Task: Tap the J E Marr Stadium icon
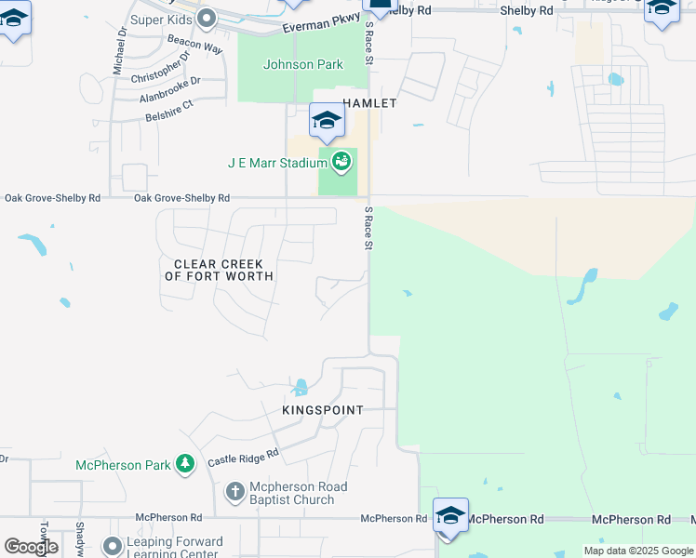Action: coord(341,162)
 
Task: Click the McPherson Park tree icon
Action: coord(185,464)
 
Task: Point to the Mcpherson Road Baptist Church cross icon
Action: coord(235,491)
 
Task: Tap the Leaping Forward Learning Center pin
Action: coord(113,546)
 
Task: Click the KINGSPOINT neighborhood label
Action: coord(323,409)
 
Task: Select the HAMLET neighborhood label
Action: coord(369,103)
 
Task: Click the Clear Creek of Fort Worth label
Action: coord(220,270)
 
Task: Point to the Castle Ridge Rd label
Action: coord(243,458)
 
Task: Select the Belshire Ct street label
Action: coord(168,107)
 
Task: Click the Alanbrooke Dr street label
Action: coord(169,90)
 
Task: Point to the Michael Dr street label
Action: coord(121,50)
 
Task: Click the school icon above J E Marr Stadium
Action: coord(328,121)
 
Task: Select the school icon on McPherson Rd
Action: coord(450,515)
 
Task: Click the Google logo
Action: coord(31,546)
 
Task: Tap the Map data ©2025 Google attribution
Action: coord(638,551)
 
